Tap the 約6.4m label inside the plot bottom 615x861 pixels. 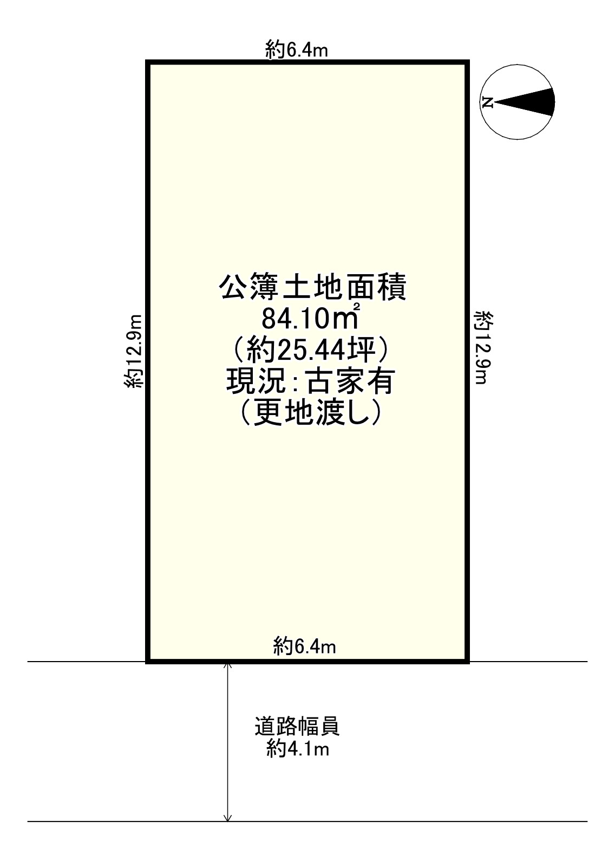click(305, 646)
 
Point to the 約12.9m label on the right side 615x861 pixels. click(481, 348)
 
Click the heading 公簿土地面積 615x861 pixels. click(312, 288)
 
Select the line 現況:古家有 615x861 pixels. click(309, 384)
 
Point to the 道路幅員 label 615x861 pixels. click(297, 727)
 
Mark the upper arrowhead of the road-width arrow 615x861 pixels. click(228, 666)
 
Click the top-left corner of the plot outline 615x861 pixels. click(148, 62)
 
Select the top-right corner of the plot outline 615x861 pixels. click(467, 62)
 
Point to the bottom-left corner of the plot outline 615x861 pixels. click(148, 661)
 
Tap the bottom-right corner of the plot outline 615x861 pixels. click(467, 661)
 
